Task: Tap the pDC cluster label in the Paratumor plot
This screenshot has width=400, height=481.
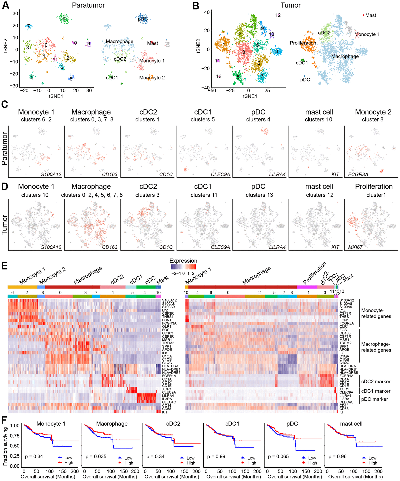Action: pyautogui.click(x=143, y=19)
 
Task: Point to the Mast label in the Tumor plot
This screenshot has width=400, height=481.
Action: pyautogui.click(x=370, y=15)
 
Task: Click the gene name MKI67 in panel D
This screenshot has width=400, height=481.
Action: pyautogui.click(x=355, y=247)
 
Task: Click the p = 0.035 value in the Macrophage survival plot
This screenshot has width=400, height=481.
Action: pyautogui.click(x=96, y=456)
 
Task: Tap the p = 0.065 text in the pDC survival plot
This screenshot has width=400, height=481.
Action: pyautogui.click(x=278, y=456)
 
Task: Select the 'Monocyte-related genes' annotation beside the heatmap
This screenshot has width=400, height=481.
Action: pyautogui.click(x=376, y=313)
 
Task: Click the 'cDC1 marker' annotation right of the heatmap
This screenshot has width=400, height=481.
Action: pyautogui.click(x=376, y=391)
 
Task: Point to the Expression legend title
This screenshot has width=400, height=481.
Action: pyautogui.click(x=183, y=261)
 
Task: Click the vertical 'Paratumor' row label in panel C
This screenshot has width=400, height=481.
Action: pyautogui.click(x=5, y=148)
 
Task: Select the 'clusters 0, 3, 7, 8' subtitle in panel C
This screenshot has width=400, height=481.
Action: pyautogui.click(x=91, y=119)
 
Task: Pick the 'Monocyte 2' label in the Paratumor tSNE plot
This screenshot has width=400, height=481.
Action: pyautogui.click(x=152, y=78)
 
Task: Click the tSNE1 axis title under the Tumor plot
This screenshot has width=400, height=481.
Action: pyautogui.click(x=250, y=96)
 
